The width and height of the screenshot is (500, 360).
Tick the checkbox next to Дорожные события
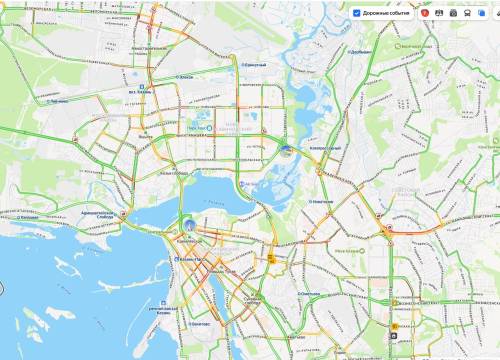pyautogui.click(x=357, y=13)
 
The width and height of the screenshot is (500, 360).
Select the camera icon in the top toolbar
pyautogui.click(x=452, y=13)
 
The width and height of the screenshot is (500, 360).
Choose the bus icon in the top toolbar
pyautogui.click(x=468, y=13)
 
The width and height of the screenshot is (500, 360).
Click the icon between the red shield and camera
pyautogui.click(x=439, y=13)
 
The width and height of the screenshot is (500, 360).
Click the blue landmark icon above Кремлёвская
pyautogui.click(x=186, y=222)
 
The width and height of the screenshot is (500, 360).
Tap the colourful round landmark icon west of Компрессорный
pyautogui.click(x=287, y=152)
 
